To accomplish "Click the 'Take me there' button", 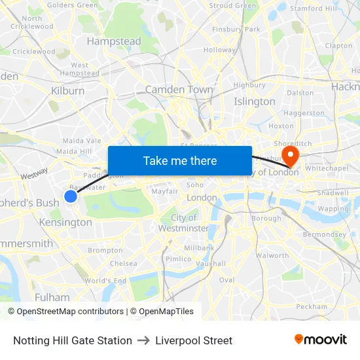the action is (x=180, y=160).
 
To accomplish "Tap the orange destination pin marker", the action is (x=289, y=154).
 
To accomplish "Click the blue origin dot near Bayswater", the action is (x=71, y=196).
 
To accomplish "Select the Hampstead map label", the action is (x=114, y=41).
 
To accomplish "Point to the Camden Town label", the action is (x=179, y=90).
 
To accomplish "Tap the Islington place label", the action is (x=255, y=101).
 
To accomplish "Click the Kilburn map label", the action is (x=67, y=91).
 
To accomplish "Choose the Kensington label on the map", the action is (x=65, y=223).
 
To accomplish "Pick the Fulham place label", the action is (x=52, y=297).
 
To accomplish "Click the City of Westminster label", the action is (x=183, y=223).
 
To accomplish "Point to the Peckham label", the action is (x=312, y=306).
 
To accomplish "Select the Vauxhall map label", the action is (x=210, y=264).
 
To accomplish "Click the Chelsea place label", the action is (x=123, y=264).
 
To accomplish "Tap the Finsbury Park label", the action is (x=236, y=29).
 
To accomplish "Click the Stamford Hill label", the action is (x=314, y=9).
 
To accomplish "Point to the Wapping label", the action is (x=333, y=209).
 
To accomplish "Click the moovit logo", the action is (x=321, y=340).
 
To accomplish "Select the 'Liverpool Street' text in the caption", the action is (x=194, y=340).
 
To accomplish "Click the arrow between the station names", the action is (x=144, y=340).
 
